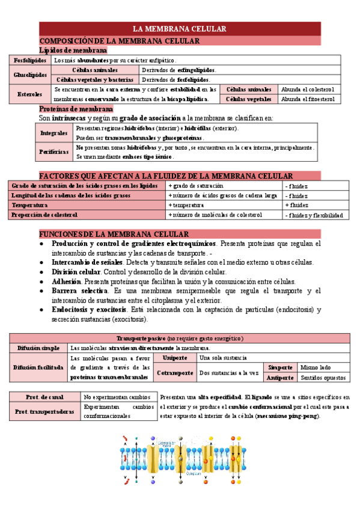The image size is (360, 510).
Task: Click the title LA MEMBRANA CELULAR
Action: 179,29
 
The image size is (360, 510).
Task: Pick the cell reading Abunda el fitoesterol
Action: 307,99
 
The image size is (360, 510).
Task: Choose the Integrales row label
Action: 53,132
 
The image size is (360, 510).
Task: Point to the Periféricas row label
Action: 53,152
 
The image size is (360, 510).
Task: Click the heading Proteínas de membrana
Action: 76,109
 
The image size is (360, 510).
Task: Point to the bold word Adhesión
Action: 66,281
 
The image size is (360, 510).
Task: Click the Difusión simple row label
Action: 38,348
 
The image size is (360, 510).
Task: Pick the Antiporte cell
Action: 281,377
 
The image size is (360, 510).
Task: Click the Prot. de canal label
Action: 44,397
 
